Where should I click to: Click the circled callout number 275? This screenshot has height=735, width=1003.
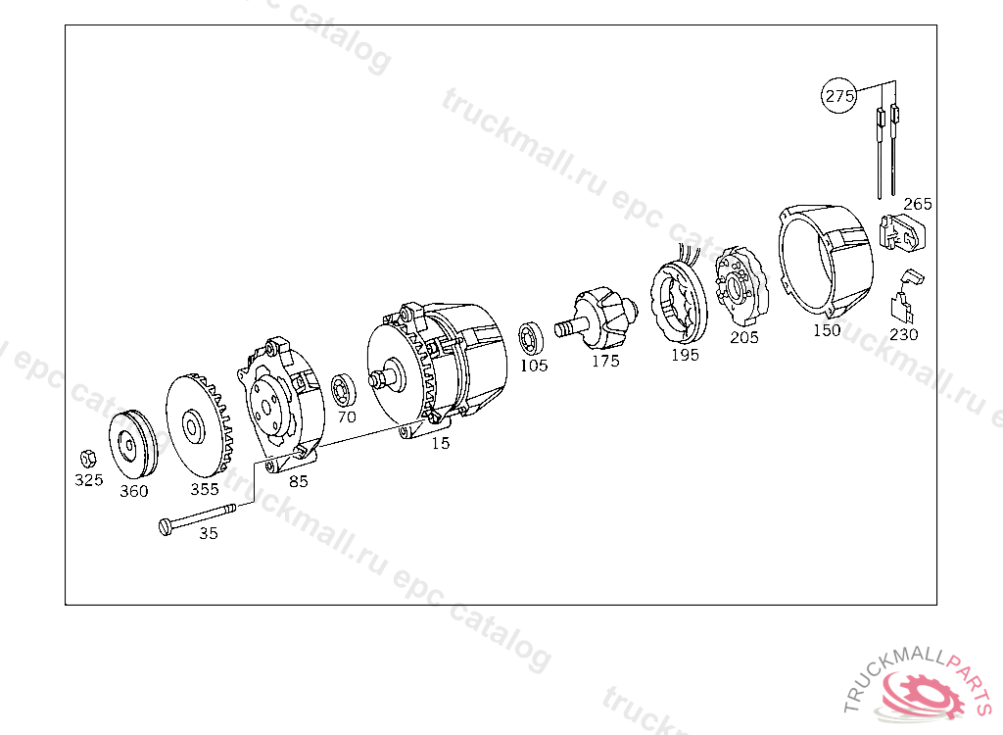coord(838,95)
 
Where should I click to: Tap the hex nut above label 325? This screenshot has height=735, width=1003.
coord(87,459)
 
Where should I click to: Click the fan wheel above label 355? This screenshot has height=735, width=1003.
coord(198,425)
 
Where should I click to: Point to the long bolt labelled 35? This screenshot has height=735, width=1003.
coord(197,517)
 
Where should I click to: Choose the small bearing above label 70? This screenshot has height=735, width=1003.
coord(344,390)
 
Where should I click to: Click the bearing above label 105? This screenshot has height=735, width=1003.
coord(530,339)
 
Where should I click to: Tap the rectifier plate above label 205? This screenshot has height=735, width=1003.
coord(741,288)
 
